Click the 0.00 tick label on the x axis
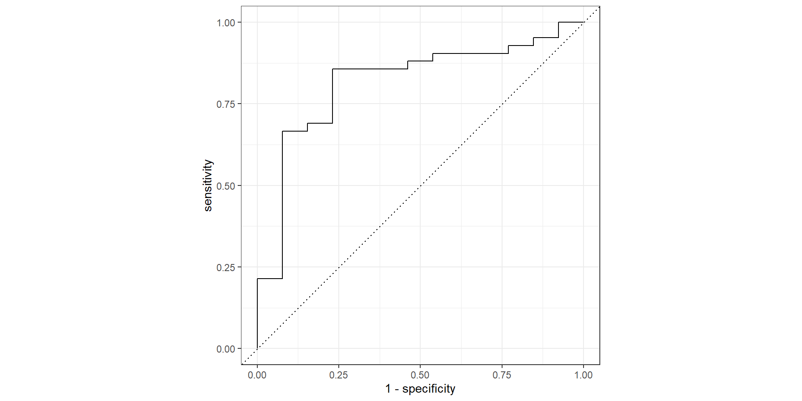coord(257,375)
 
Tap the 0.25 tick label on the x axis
coord(338,375)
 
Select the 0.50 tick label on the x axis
coord(420,375)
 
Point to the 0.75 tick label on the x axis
coord(502,375)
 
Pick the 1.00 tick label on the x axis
coord(583,375)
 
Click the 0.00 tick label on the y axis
coord(226,349)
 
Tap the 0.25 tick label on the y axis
coord(226,267)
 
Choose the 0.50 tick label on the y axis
coord(226,186)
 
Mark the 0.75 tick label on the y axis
coord(226,104)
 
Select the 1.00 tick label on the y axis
coord(226,23)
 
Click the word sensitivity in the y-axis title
coord(208,185)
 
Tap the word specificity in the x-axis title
coord(429,389)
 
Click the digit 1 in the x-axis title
coord(388,389)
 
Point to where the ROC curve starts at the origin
coord(257,348)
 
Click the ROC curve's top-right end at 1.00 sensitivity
coord(583,22)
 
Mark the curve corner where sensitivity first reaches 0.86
coord(332,69)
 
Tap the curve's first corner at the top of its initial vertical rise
coord(257,279)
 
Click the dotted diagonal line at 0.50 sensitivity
coord(420,185)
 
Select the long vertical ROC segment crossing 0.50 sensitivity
coord(282,185)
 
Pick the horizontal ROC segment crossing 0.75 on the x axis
coord(502,53)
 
